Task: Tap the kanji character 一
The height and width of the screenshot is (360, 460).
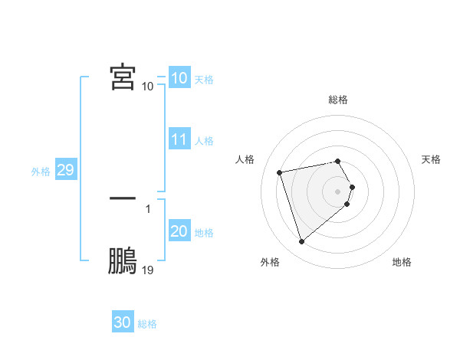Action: point(123,198)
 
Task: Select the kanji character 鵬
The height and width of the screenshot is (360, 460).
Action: point(123,261)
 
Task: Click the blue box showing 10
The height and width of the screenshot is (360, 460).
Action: point(179,78)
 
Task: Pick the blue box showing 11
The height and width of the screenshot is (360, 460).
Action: point(179,140)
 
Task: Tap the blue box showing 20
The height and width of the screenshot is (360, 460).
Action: point(179,231)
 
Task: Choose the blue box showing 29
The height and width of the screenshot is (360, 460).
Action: point(65,171)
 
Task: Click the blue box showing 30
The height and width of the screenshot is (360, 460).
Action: point(123,322)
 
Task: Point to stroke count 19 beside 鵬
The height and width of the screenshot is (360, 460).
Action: point(148,270)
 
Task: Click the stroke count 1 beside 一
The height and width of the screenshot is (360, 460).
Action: point(147,208)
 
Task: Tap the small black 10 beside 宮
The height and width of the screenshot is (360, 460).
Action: point(148,86)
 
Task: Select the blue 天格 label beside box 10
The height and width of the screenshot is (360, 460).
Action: point(204,79)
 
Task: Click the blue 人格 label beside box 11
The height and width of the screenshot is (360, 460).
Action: point(204,141)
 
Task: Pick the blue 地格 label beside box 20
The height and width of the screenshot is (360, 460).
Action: point(204,232)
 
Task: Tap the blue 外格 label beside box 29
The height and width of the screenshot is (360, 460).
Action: point(41,172)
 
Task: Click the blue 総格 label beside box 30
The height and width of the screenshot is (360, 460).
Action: point(147,324)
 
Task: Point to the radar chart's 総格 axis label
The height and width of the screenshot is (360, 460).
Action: point(338,100)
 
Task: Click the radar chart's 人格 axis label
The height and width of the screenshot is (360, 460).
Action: point(245,159)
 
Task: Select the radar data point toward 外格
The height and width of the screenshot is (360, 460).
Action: point(301,242)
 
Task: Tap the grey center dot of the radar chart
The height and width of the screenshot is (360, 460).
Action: point(338,191)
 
